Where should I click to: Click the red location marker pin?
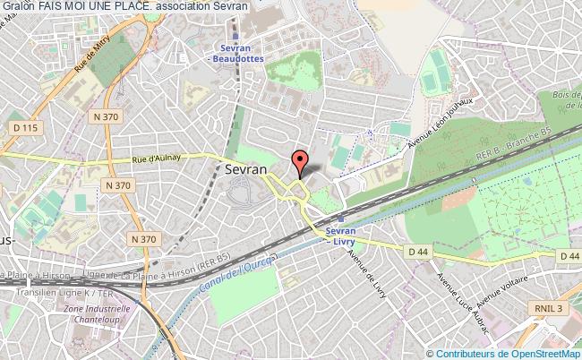click(300, 163)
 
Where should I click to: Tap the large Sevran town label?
click(245, 167)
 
